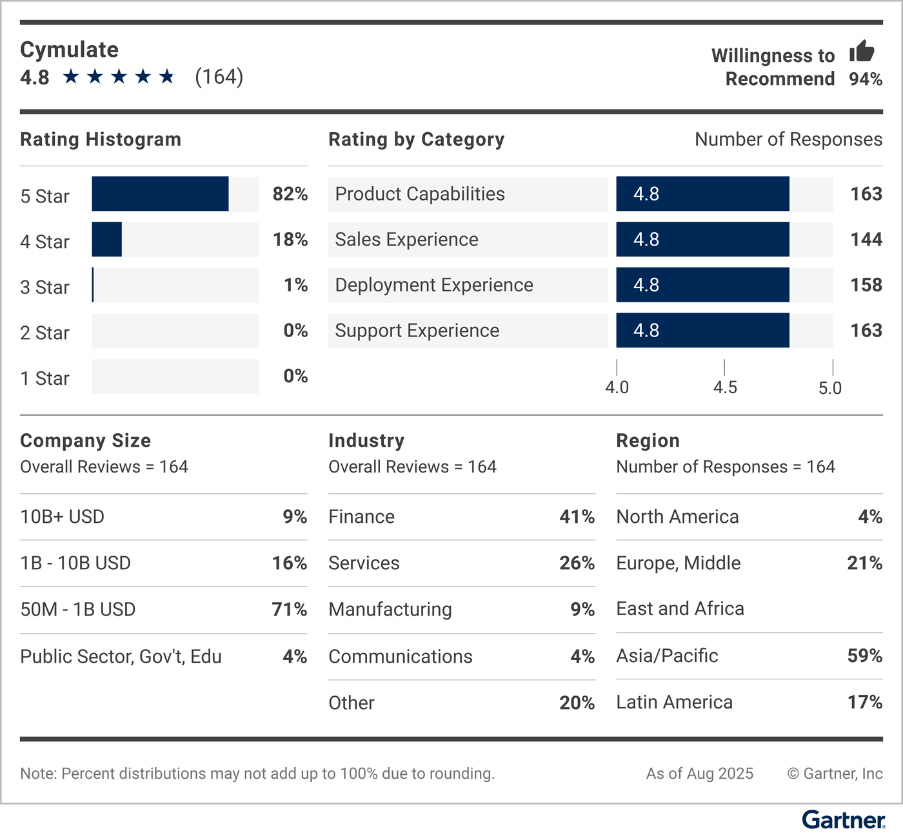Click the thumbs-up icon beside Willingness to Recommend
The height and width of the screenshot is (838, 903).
click(x=862, y=52)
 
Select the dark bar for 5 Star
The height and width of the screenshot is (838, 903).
click(x=160, y=194)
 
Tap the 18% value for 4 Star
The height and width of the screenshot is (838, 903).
click(x=290, y=240)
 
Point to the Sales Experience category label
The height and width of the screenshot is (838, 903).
click(x=406, y=240)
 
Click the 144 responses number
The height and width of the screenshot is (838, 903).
click(x=866, y=240)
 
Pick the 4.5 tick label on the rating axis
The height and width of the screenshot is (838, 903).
click(x=725, y=387)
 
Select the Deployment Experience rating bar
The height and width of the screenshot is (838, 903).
click(x=702, y=285)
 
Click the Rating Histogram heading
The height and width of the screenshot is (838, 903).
click(x=101, y=139)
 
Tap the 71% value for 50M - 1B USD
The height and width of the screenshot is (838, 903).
click(x=289, y=609)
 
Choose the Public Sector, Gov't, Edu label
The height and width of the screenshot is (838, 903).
click(x=121, y=656)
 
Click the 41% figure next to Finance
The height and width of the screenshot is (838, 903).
click(x=577, y=517)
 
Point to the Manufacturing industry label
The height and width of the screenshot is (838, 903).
click(x=390, y=609)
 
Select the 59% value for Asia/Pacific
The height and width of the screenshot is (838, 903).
click(x=864, y=656)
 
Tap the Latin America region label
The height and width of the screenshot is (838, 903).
click(x=674, y=702)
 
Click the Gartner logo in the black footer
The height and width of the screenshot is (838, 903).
click(x=843, y=820)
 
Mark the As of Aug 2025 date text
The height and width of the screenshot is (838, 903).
click(x=699, y=774)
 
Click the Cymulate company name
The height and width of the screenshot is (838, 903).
click(x=69, y=50)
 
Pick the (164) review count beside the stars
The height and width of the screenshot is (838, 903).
click(x=219, y=77)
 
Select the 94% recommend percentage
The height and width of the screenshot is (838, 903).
click(x=865, y=79)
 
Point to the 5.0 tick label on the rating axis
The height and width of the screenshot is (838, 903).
click(x=830, y=387)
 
